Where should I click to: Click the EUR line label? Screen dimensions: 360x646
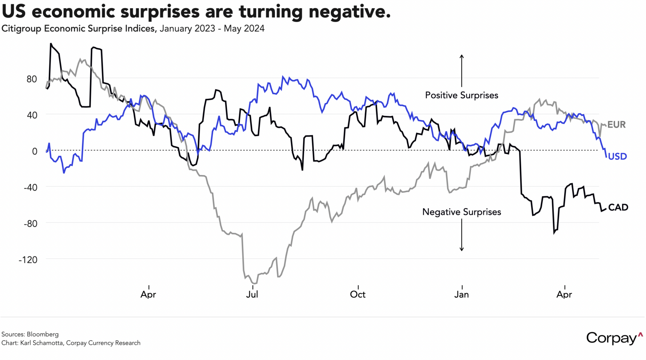(x=616, y=125)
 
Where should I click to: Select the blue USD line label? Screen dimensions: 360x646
(x=617, y=157)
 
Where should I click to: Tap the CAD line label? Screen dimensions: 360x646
(x=618, y=207)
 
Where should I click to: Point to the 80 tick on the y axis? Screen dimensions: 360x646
(x=32, y=79)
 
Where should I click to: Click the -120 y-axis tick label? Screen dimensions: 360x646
(x=28, y=260)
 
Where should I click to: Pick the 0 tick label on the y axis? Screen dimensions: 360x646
(x=35, y=151)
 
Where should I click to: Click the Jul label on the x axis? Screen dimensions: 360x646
(x=252, y=294)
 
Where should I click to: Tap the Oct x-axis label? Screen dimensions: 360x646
(x=358, y=294)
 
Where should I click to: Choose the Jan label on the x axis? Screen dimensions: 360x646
(x=461, y=294)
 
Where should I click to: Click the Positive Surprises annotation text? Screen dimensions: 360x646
(x=461, y=95)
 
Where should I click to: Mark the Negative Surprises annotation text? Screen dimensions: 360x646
(x=461, y=212)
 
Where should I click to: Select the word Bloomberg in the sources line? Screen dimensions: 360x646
(x=42, y=334)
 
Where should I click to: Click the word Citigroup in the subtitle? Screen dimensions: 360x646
(x=22, y=28)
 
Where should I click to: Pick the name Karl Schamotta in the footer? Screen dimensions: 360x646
(x=42, y=343)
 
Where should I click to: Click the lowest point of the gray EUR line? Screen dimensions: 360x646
(x=254, y=283)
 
